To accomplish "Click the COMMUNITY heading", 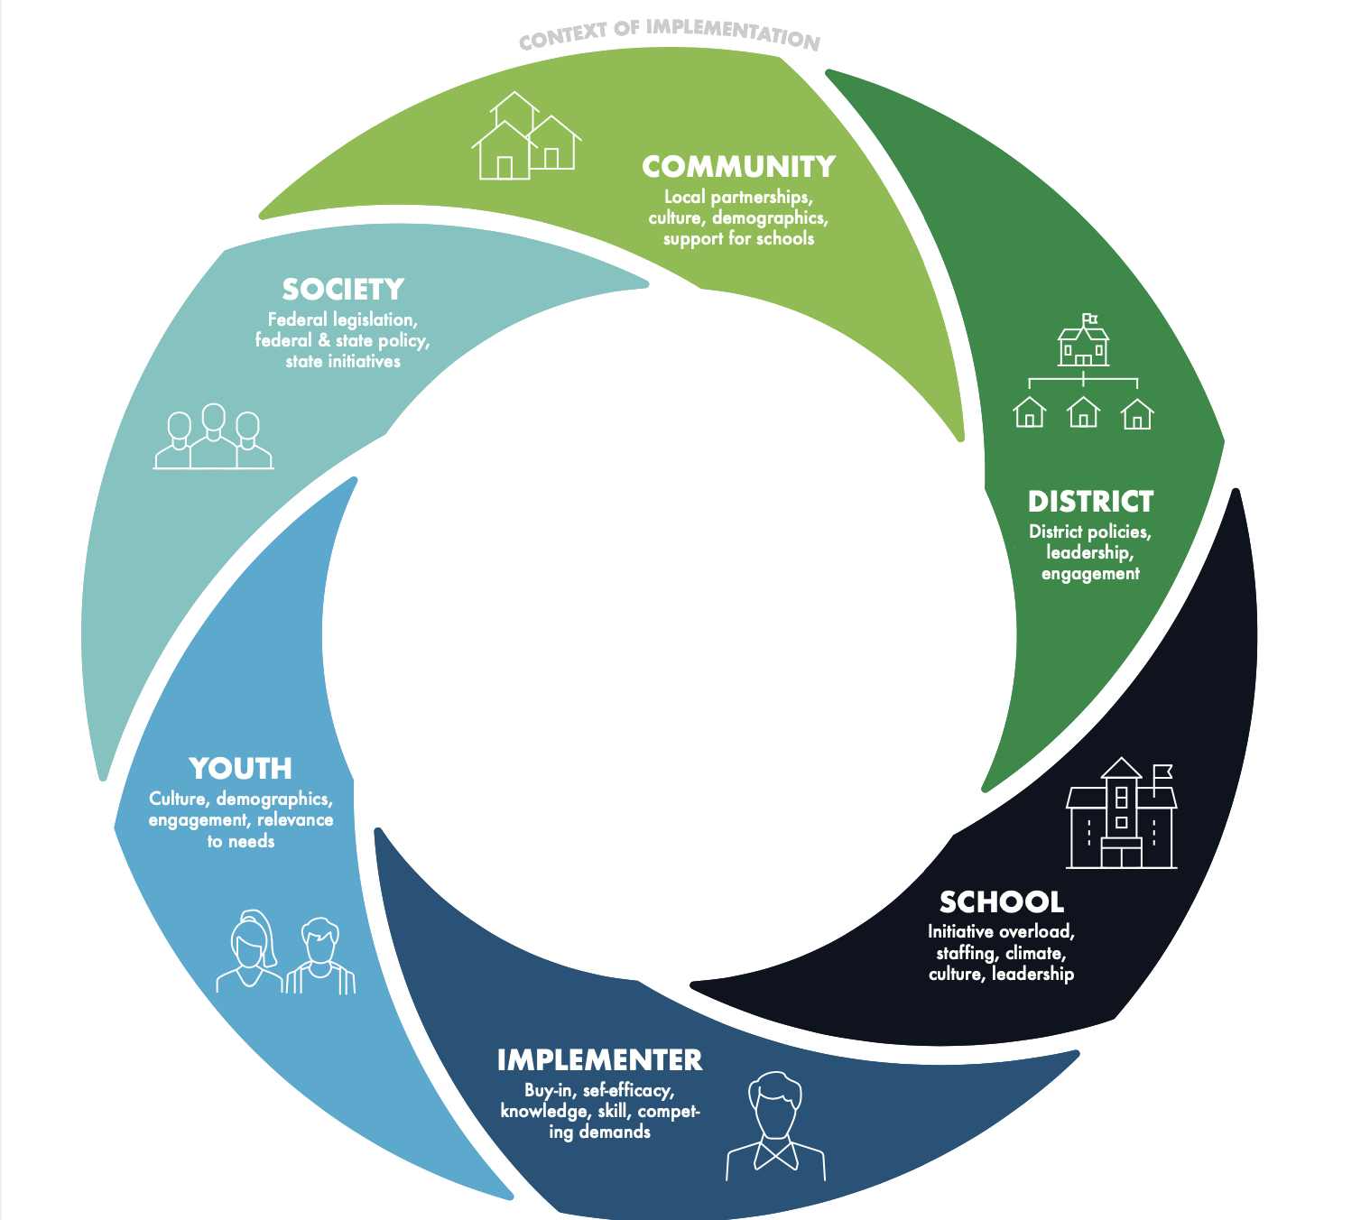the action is [738, 166].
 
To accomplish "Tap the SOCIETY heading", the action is [343, 290].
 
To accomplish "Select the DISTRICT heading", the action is [1090, 502].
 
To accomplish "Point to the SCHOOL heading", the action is [1002, 901].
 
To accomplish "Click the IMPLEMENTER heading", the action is [600, 1059].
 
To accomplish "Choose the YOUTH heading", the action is [240, 768].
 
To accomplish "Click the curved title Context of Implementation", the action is [670, 33].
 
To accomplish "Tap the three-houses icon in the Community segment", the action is [526, 135].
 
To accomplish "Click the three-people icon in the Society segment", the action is [214, 436].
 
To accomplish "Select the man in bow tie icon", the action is [775, 1126].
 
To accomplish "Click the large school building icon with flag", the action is [1121, 813].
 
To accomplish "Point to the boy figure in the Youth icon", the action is [320, 956].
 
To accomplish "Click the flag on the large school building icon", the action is [1162, 772].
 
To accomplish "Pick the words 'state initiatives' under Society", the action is [343, 361].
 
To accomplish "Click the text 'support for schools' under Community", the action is [738, 239].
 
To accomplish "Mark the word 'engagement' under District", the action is [1090, 574].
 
